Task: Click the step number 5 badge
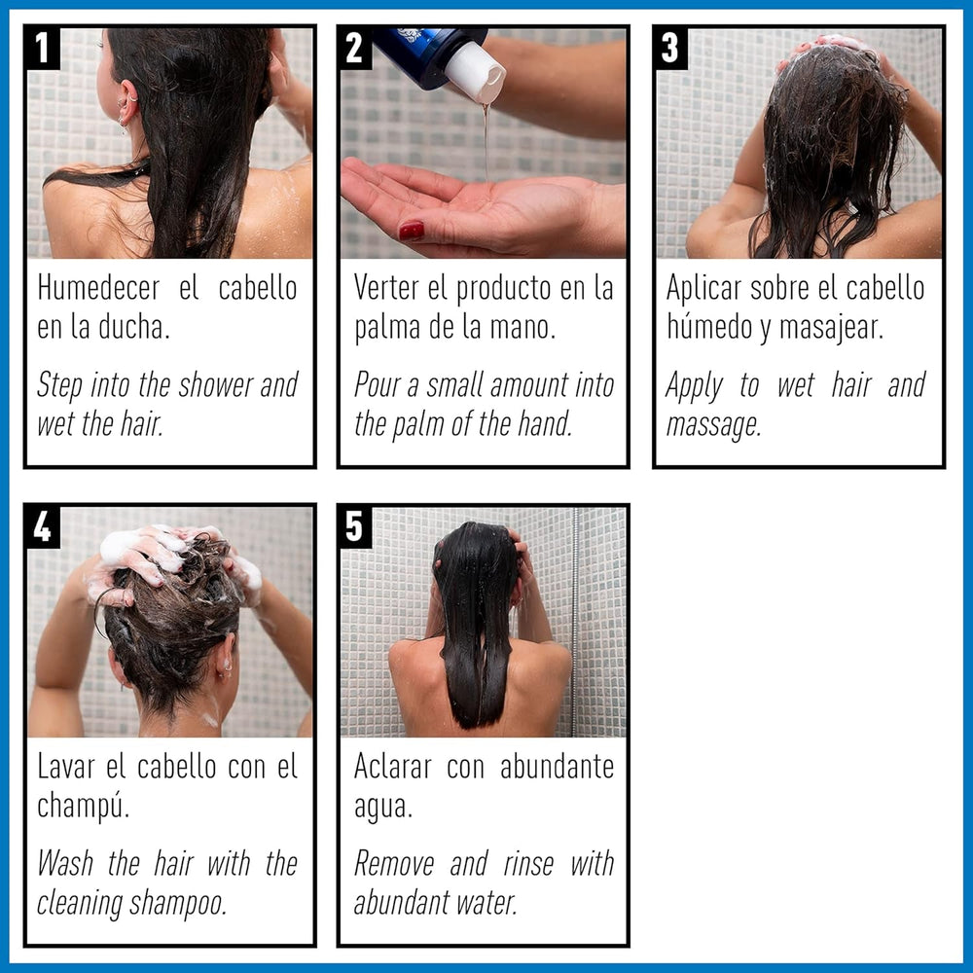(x=356, y=526)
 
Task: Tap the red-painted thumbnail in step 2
(x=412, y=231)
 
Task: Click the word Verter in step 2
(x=389, y=289)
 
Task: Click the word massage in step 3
(x=712, y=425)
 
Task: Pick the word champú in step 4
(x=83, y=807)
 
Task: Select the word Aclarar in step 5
(x=392, y=767)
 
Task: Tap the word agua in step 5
(x=382, y=807)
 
